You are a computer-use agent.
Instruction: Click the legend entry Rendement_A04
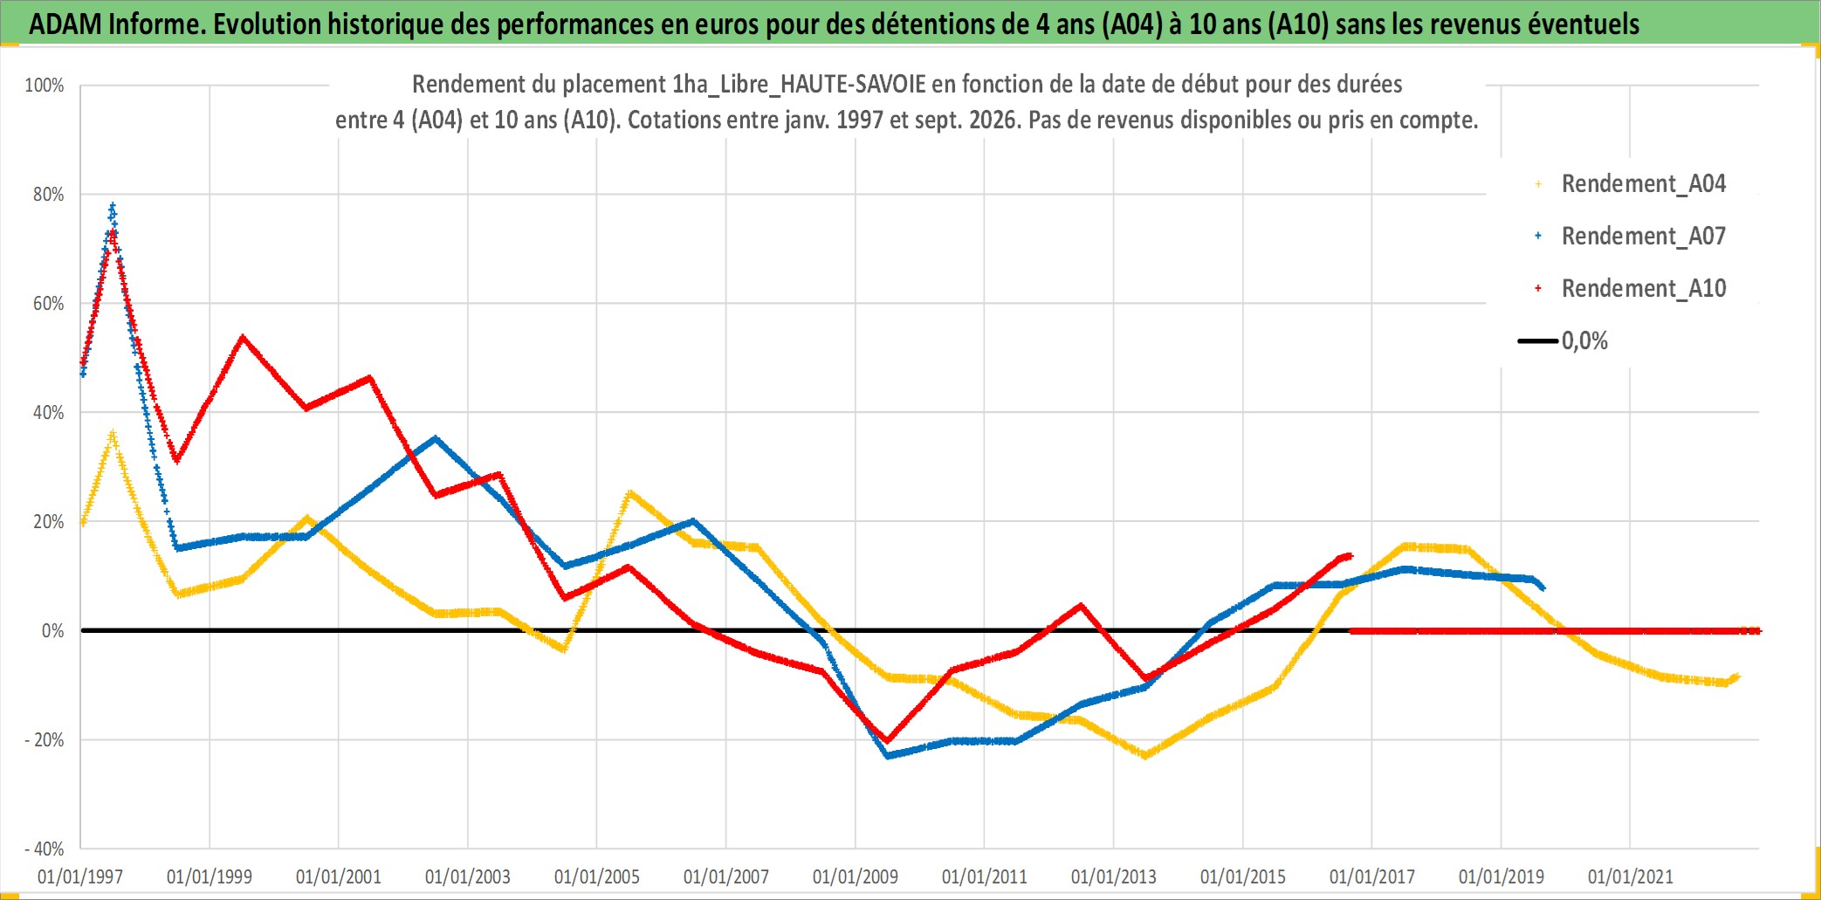1643,184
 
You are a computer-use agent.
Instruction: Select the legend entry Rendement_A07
1643,237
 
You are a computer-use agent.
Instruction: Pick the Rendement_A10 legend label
1643,289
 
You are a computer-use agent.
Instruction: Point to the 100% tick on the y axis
45,86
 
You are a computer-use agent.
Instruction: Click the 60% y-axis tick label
49,304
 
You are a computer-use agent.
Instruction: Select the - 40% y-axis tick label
45,849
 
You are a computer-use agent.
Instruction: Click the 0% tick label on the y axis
53,631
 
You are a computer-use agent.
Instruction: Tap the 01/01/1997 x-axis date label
80,876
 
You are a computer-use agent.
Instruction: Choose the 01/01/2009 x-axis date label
856,876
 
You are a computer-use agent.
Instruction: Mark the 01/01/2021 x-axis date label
1631,876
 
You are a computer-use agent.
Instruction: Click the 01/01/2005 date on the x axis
597,876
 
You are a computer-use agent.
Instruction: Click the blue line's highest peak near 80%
113,207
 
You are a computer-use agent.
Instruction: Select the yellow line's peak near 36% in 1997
113,434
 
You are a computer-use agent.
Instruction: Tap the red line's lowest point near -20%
888,740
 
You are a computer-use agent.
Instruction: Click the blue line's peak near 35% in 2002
436,438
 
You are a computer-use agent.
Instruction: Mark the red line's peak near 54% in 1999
242,337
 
